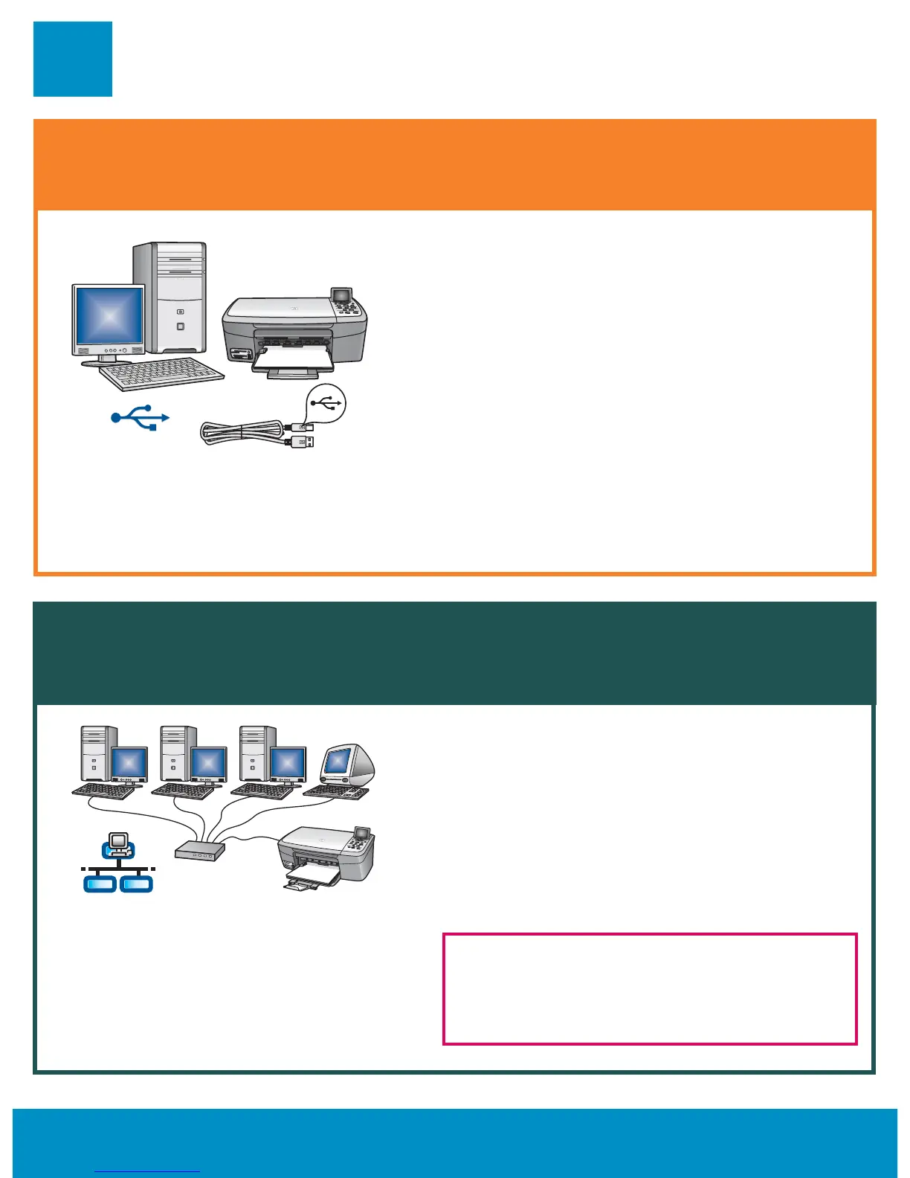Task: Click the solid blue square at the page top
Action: [x=73, y=59]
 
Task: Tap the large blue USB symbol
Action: [x=140, y=418]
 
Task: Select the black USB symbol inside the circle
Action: [x=326, y=402]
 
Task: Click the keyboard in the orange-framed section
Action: [x=161, y=373]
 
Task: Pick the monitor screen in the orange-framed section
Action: [x=109, y=316]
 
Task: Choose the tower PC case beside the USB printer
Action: [x=170, y=297]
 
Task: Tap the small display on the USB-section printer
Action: [x=343, y=296]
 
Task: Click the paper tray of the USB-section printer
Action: [x=294, y=365]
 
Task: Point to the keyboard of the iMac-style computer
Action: [x=336, y=792]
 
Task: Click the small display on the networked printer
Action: [x=363, y=833]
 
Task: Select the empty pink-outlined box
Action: [x=650, y=989]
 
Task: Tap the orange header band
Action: [x=455, y=164]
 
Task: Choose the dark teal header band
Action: [x=455, y=653]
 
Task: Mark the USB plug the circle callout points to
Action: [x=304, y=428]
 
